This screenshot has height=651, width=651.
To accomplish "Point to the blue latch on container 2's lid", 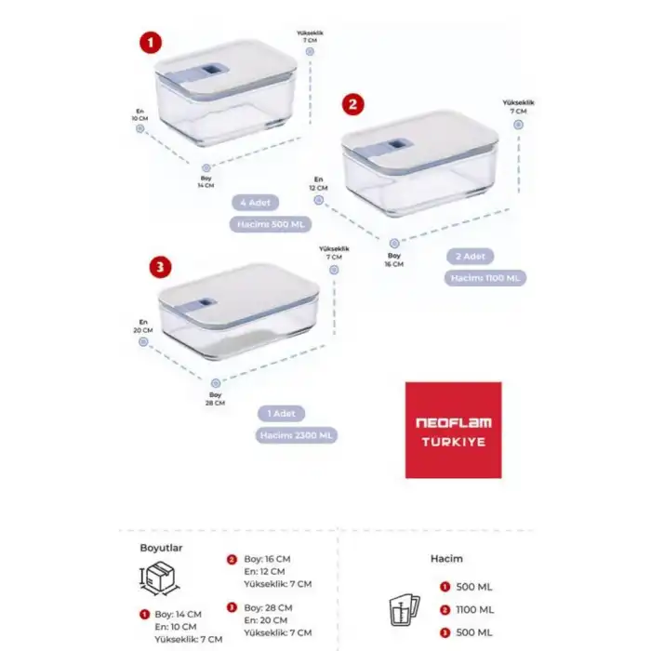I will (x=400, y=153).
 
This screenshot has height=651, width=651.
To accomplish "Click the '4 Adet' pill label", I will (x=256, y=202).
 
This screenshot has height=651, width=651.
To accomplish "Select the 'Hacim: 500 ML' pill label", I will (x=270, y=224).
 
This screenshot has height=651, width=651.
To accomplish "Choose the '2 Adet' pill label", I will (x=471, y=255).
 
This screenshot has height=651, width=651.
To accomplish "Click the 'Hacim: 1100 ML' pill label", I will (x=485, y=277).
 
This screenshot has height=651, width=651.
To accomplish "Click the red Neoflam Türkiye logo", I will (x=453, y=430).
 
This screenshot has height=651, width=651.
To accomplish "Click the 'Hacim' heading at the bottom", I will (x=446, y=559).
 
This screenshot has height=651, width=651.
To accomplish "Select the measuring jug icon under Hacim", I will (x=401, y=608).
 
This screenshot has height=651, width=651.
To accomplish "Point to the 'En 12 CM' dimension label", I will (x=318, y=183).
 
